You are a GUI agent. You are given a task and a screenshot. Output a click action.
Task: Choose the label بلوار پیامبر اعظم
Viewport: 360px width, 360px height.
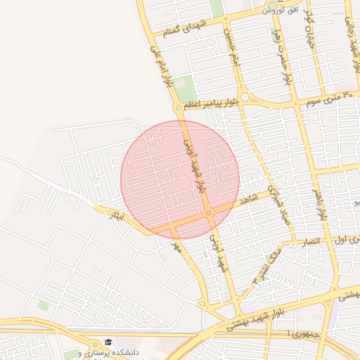click(211, 103)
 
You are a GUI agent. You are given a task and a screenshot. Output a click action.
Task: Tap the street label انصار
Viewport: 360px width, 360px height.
click(309, 241)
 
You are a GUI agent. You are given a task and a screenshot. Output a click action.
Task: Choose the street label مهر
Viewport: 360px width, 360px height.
click(177, 246)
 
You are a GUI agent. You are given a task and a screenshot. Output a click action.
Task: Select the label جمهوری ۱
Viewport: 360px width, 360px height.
click(303, 334)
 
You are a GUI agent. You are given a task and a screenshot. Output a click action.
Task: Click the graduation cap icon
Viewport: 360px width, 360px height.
click(108, 342)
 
